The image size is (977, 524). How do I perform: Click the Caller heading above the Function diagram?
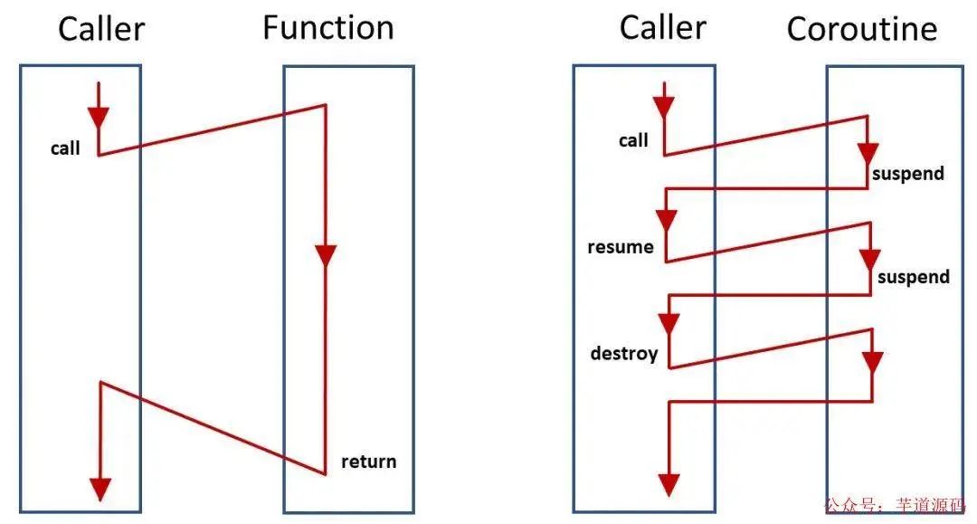pos(101,29)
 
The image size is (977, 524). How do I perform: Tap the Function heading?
pos(328,28)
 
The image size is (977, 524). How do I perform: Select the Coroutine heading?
pos(861,30)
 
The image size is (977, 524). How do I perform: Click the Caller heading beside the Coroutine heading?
pos(662,28)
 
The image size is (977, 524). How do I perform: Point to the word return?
pos(368,462)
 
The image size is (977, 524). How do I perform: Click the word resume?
pos(620,247)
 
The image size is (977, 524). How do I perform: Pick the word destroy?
pos(623,353)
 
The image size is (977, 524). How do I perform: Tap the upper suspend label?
pos(907,174)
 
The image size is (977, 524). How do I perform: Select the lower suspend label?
pos(913,277)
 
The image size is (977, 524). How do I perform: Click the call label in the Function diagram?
pos(65,148)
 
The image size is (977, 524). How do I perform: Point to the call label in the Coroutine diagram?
pos(633,140)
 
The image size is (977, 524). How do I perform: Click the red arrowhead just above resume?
pos(667,220)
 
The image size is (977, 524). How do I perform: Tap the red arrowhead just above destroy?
pos(669,323)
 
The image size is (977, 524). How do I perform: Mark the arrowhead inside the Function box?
pos(326,254)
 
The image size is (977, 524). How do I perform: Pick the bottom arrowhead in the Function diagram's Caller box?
pos(100,489)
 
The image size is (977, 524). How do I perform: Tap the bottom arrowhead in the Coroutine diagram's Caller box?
pos(668,484)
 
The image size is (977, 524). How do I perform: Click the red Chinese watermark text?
pos(895,507)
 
